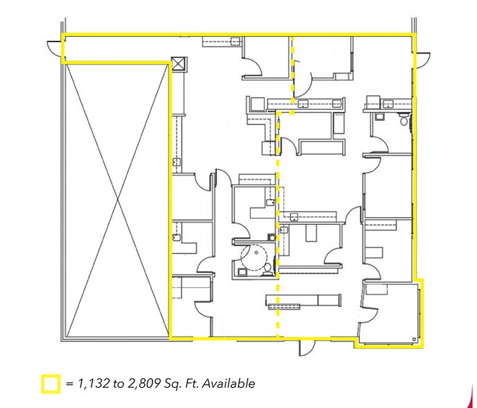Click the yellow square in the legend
[50, 383]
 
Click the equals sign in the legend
[69, 383]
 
